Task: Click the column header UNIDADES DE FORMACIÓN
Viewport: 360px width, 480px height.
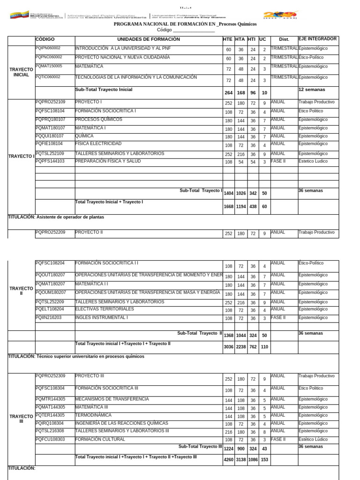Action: pos(148,39)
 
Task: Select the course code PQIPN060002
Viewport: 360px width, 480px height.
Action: pos(48,48)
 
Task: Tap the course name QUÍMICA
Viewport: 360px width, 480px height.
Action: pos(84,136)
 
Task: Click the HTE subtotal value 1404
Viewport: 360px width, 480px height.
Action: pos(228,193)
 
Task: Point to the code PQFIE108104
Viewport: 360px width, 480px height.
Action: pos(49,143)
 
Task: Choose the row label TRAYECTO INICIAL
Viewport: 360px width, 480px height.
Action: pos(21,72)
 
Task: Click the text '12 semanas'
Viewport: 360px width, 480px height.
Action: pos(312,89)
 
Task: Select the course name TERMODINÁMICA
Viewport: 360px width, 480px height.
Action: pos(93,415)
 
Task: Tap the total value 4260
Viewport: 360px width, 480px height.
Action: pos(228,460)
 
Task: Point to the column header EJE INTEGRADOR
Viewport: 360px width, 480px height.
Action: pos(317,39)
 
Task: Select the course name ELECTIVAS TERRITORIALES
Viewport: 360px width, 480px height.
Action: pos(104,309)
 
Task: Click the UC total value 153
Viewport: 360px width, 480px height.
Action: pos(264,460)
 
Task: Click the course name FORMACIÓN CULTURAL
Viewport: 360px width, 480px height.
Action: pos(100,439)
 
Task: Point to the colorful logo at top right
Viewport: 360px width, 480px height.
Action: pos(281,15)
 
